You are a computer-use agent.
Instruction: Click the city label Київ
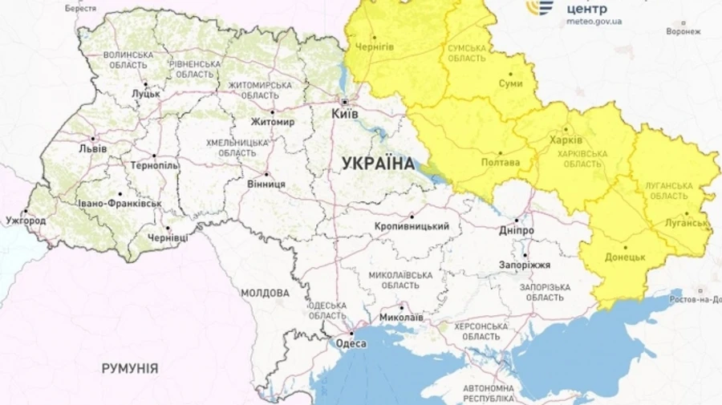(x=346, y=114)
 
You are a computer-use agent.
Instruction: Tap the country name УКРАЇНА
(x=378, y=164)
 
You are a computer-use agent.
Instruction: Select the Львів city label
(x=92, y=148)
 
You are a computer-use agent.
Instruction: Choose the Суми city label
(x=510, y=83)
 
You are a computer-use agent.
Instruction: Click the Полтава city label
(x=499, y=162)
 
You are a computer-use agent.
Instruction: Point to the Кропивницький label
(x=412, y=226)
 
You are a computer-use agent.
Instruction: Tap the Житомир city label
(x=273, y=122)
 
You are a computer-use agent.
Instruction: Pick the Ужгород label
(x=26, y=220)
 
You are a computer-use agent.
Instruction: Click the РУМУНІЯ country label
(x=129, y=368)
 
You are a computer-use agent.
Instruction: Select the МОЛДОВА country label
(x=265, y=294)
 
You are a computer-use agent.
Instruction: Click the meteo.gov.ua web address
(x=594, y=22)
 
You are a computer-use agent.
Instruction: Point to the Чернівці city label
(x=168, y=237)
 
